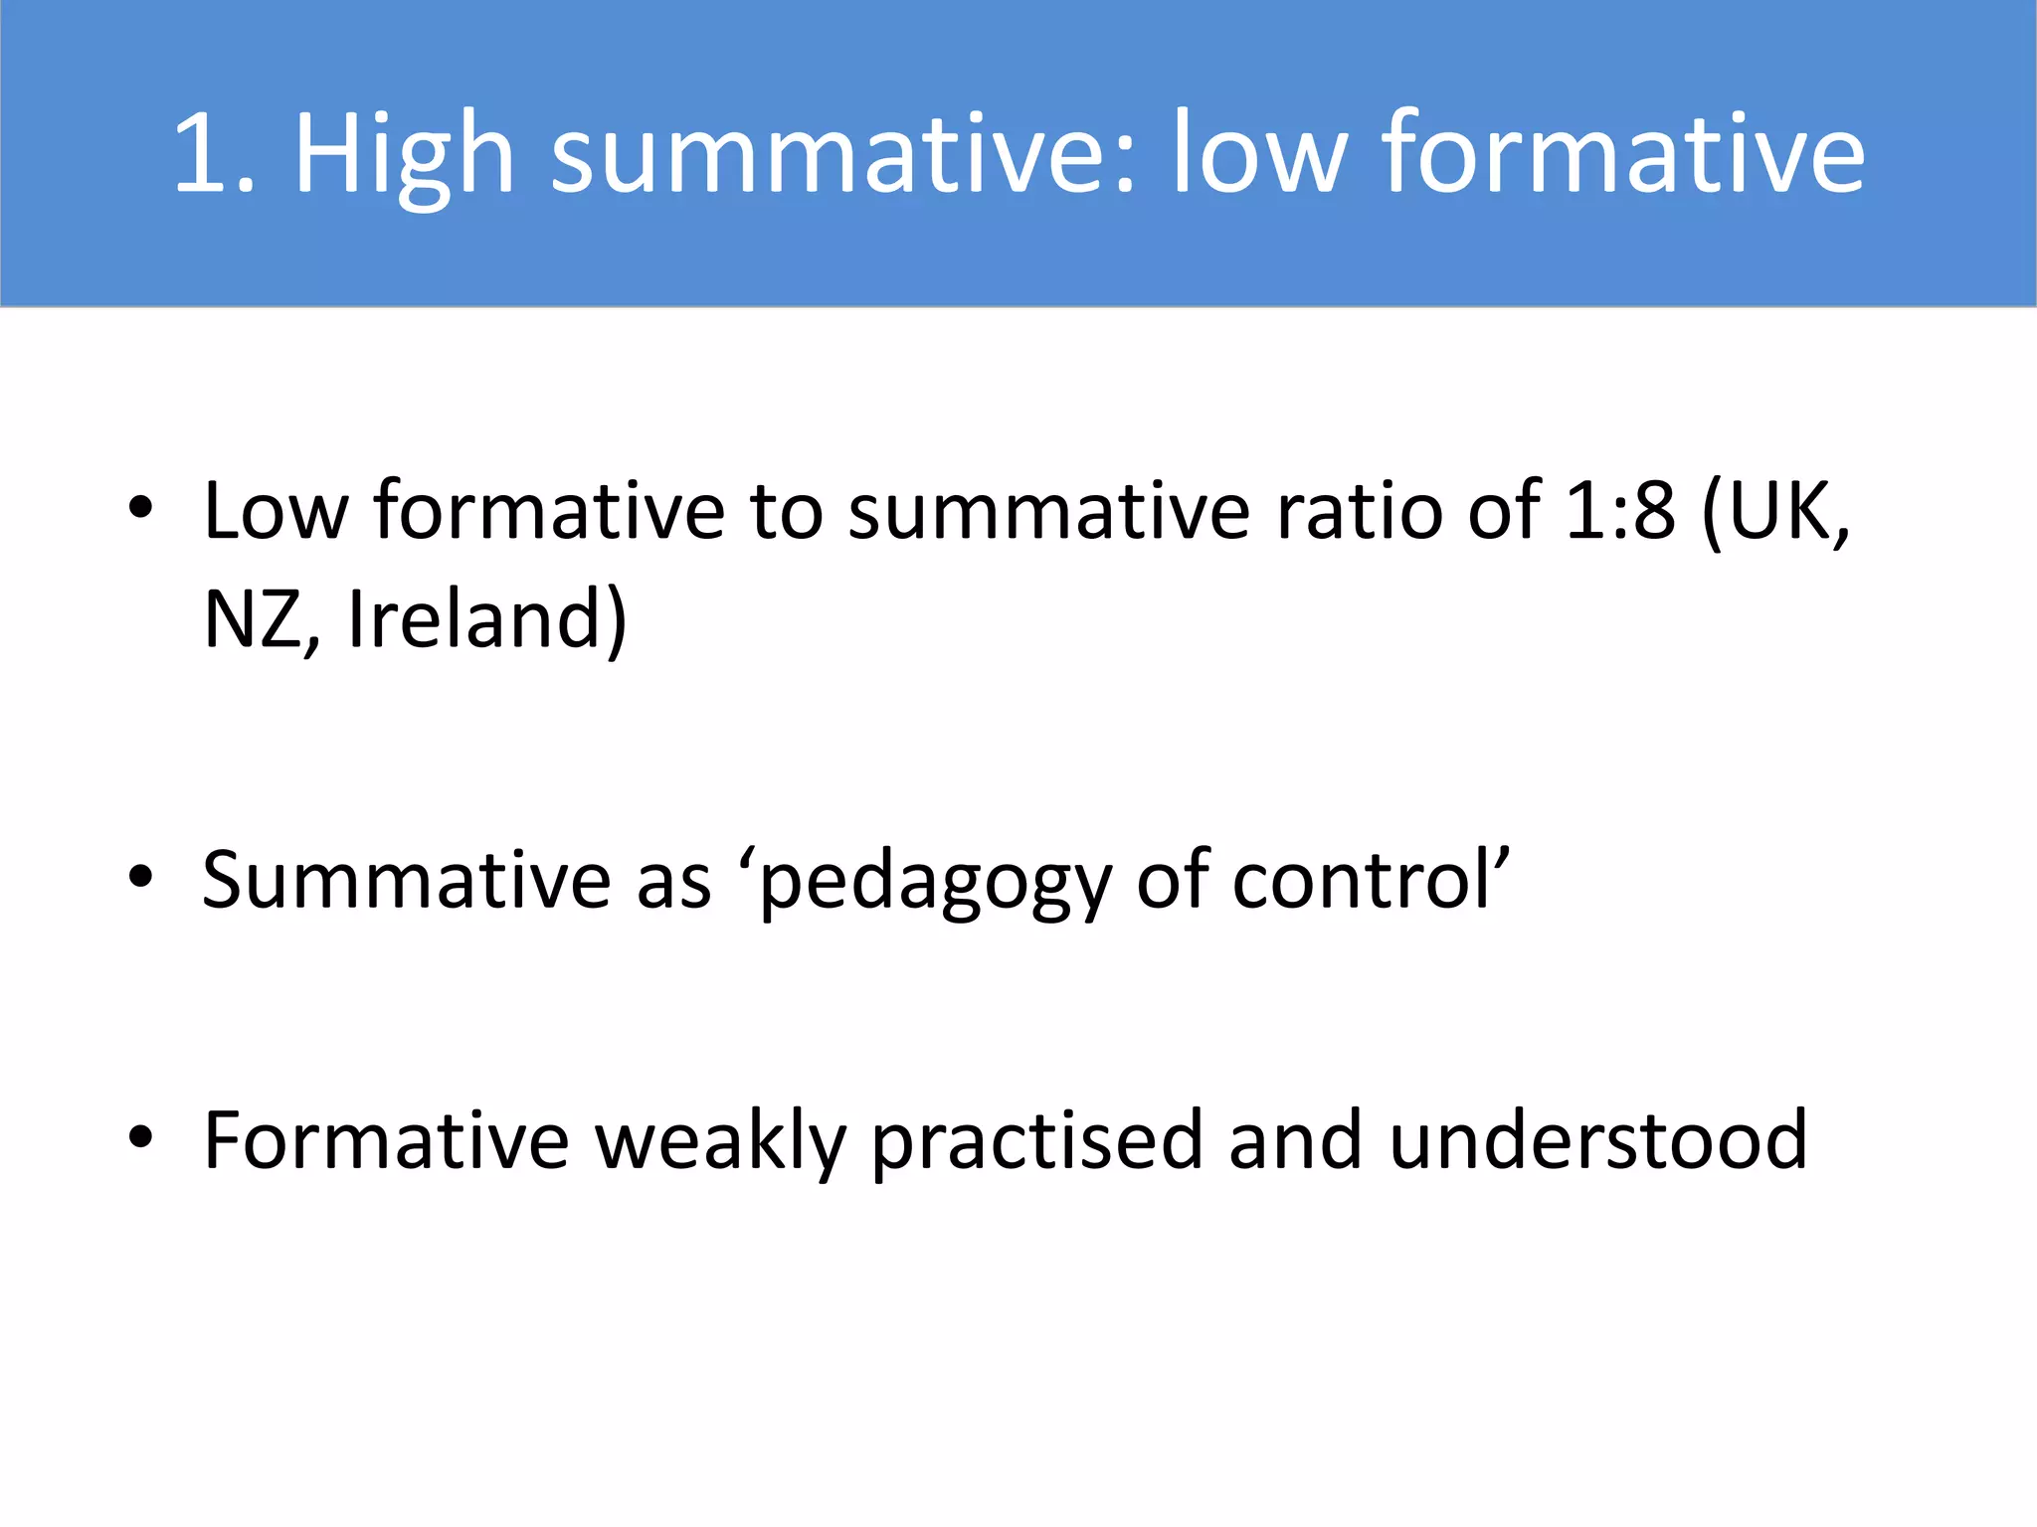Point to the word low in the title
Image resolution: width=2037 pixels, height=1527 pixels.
click(x=1257, y=154)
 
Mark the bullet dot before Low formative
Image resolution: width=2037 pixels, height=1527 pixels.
click(x=140, y=508)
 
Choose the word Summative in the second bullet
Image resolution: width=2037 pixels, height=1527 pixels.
click(x=406, y=881)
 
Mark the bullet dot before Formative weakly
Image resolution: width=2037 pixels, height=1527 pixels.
click(x=140, y=1136)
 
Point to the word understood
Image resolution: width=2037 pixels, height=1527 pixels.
click(x=1596, y=1141)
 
